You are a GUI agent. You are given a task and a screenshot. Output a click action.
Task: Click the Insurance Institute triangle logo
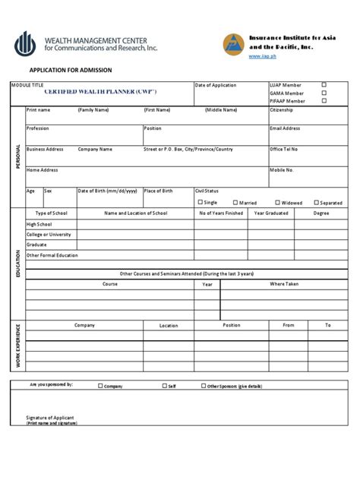click(233, 46)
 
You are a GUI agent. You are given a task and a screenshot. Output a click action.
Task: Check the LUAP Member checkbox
click(324, 85)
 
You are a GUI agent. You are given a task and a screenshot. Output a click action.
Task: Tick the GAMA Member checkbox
click(324, 93)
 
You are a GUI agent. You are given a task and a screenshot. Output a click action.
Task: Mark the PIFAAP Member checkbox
click(324, 100)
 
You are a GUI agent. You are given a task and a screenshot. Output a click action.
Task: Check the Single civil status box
click(201, 202)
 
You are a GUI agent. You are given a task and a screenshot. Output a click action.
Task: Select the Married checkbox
click(235, 202)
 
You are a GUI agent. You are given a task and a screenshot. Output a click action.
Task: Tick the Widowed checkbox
click(278, 202)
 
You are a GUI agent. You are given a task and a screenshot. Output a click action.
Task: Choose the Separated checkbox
click(316, 202)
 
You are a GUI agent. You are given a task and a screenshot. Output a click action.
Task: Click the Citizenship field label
click(281, 110)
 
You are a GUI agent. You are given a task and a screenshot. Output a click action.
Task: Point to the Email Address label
click(285, 128)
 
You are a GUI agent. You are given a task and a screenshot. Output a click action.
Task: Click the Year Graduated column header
click(271, 213)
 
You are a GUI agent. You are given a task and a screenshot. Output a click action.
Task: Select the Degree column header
click(321, 213)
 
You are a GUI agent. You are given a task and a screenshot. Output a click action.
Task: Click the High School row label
click(40, 225)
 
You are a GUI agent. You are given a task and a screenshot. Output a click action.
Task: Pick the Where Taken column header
click(284, 283)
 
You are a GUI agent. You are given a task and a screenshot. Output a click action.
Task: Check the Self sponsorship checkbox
click(165, 385)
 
